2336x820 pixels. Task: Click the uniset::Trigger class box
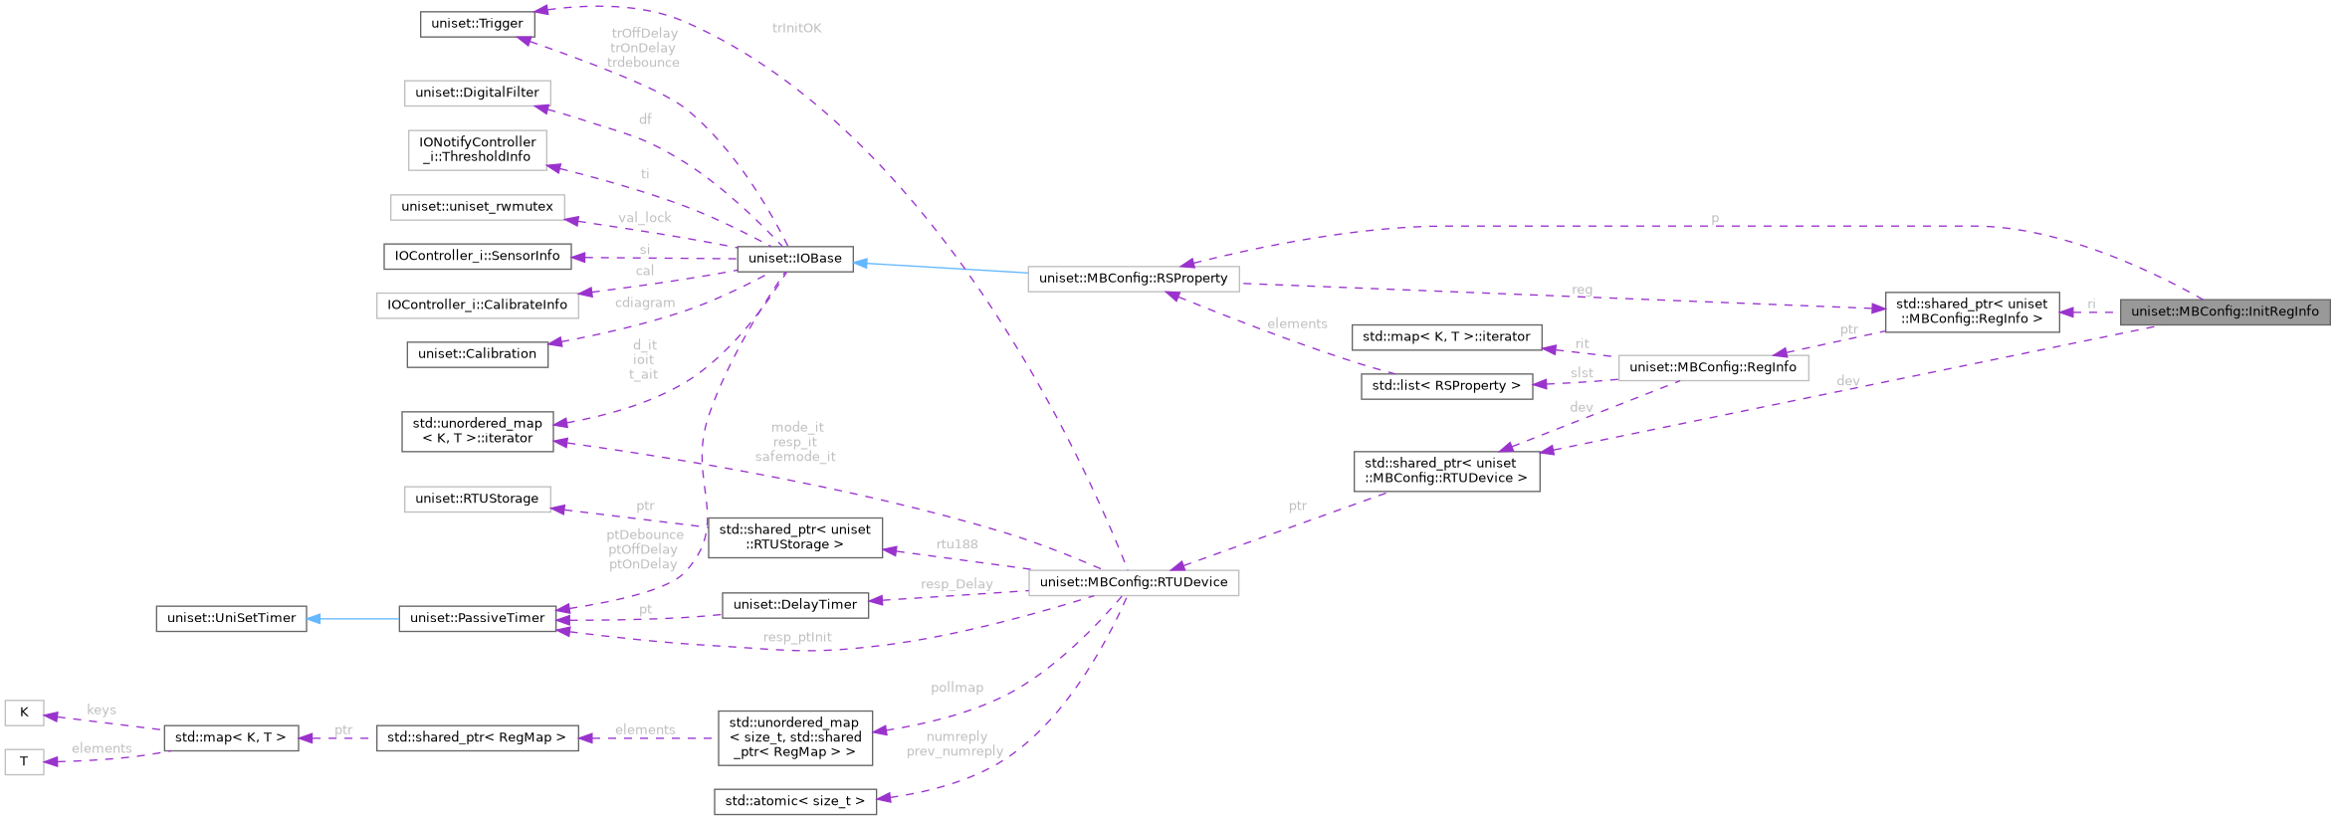pos(477,24)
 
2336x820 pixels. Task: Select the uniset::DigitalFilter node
pos(477,94)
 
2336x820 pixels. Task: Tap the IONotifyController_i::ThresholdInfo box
pos(477,149)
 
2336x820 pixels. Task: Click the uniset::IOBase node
pos(794,259)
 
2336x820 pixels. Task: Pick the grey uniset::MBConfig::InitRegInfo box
pos(2224,312)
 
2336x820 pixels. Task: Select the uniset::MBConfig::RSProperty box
pos(1133,279)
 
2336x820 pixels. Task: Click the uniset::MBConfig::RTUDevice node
pos(1133,582)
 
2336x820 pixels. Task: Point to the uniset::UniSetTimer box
pos(231,618)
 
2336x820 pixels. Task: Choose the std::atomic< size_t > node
pos(794,801)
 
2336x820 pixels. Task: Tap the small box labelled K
pos(24,713)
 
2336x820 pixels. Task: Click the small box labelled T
pos(24,762)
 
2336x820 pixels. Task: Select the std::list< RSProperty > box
pos(1445,386)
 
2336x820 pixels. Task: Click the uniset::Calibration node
pos(477,354)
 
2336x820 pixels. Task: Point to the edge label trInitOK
pos(797,28)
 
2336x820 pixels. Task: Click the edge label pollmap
pos(956,688)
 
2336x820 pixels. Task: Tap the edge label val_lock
pos(644,218)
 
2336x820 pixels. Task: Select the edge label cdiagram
pos(644,303)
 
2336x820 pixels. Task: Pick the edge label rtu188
pos(956,544)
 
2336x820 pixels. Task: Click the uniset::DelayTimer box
pos(794,604)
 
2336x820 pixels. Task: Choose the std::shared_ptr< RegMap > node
pos(477,737)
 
